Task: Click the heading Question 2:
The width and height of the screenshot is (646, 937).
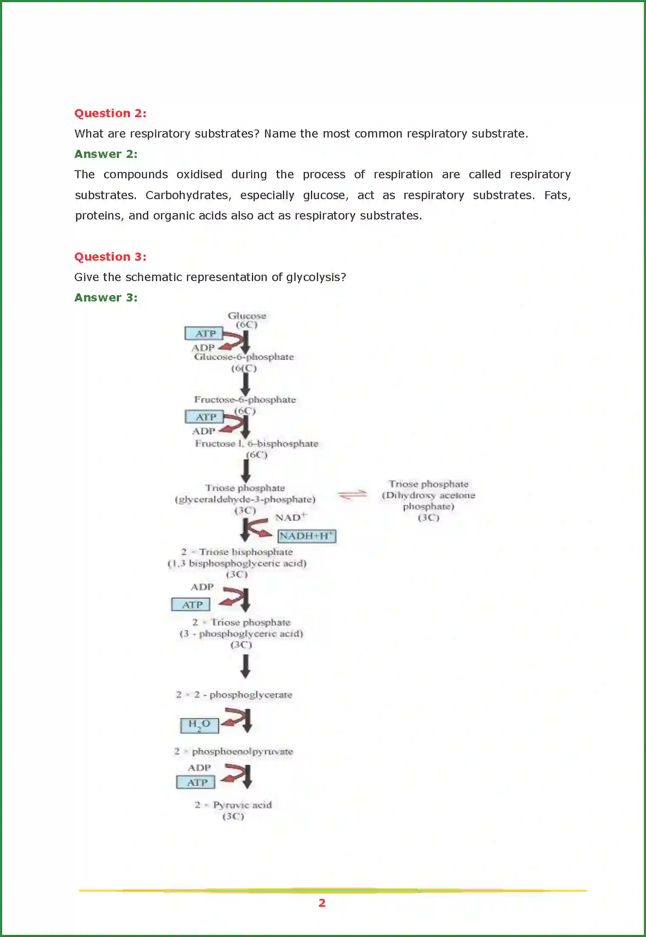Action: click(110, 113)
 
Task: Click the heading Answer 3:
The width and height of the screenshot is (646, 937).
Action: click(106, 298)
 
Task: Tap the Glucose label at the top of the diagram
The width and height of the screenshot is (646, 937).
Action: click(247, 316)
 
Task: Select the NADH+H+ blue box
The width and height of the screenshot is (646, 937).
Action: click(307, 536)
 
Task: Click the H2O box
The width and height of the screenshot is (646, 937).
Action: click(200, 725)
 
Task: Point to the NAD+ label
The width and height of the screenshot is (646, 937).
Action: click(291, 517)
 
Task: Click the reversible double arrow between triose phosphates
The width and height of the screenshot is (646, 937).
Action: click(352, 495)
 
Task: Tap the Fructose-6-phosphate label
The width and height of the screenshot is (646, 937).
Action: click(245, 400)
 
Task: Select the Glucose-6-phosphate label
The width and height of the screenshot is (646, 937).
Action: click(244, 357)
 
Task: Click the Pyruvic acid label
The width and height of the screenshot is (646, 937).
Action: click(242, 805)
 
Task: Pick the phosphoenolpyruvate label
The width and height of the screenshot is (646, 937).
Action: click(242, 751)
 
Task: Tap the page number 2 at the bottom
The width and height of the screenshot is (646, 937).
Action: click(322, 903)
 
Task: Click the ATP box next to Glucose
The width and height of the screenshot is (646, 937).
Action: click(204, 334)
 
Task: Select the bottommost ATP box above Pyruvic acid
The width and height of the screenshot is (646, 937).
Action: click(196, 782)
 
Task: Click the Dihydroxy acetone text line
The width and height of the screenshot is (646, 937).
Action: click(428, 495)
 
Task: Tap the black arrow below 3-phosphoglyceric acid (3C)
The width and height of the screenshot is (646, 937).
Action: click(245, 666)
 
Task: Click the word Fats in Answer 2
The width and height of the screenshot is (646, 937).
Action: click(557, 195)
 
